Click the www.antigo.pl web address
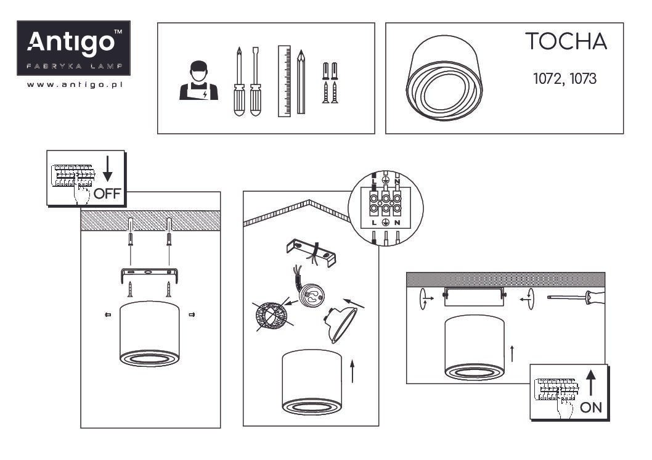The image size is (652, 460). coord(75,84)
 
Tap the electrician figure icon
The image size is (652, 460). coord(199,81)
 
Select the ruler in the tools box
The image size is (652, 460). coord(285,81)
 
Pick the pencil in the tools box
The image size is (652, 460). coord(301,82)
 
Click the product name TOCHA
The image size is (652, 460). coord(566,41)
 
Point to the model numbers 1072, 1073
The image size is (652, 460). coord(564,78)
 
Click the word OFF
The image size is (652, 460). coord(107,194)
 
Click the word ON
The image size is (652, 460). coord(591,408)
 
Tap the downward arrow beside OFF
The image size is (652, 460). coord(108,168)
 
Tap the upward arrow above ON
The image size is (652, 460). coord(590,383)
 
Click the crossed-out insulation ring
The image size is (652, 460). coord(272,317)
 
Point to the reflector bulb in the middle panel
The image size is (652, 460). coord(340,325)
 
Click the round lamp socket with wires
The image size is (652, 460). coord(309,294)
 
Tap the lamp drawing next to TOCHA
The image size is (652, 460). coord(444,78)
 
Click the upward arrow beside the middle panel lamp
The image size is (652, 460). coord(352,371)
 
